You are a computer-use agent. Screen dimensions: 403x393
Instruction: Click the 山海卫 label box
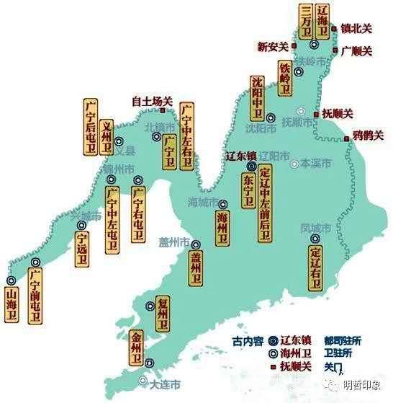[12, 304]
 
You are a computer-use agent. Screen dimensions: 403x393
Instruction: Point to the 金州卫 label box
[137, 348]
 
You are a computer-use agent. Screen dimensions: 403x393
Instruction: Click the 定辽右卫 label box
[314, 264]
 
